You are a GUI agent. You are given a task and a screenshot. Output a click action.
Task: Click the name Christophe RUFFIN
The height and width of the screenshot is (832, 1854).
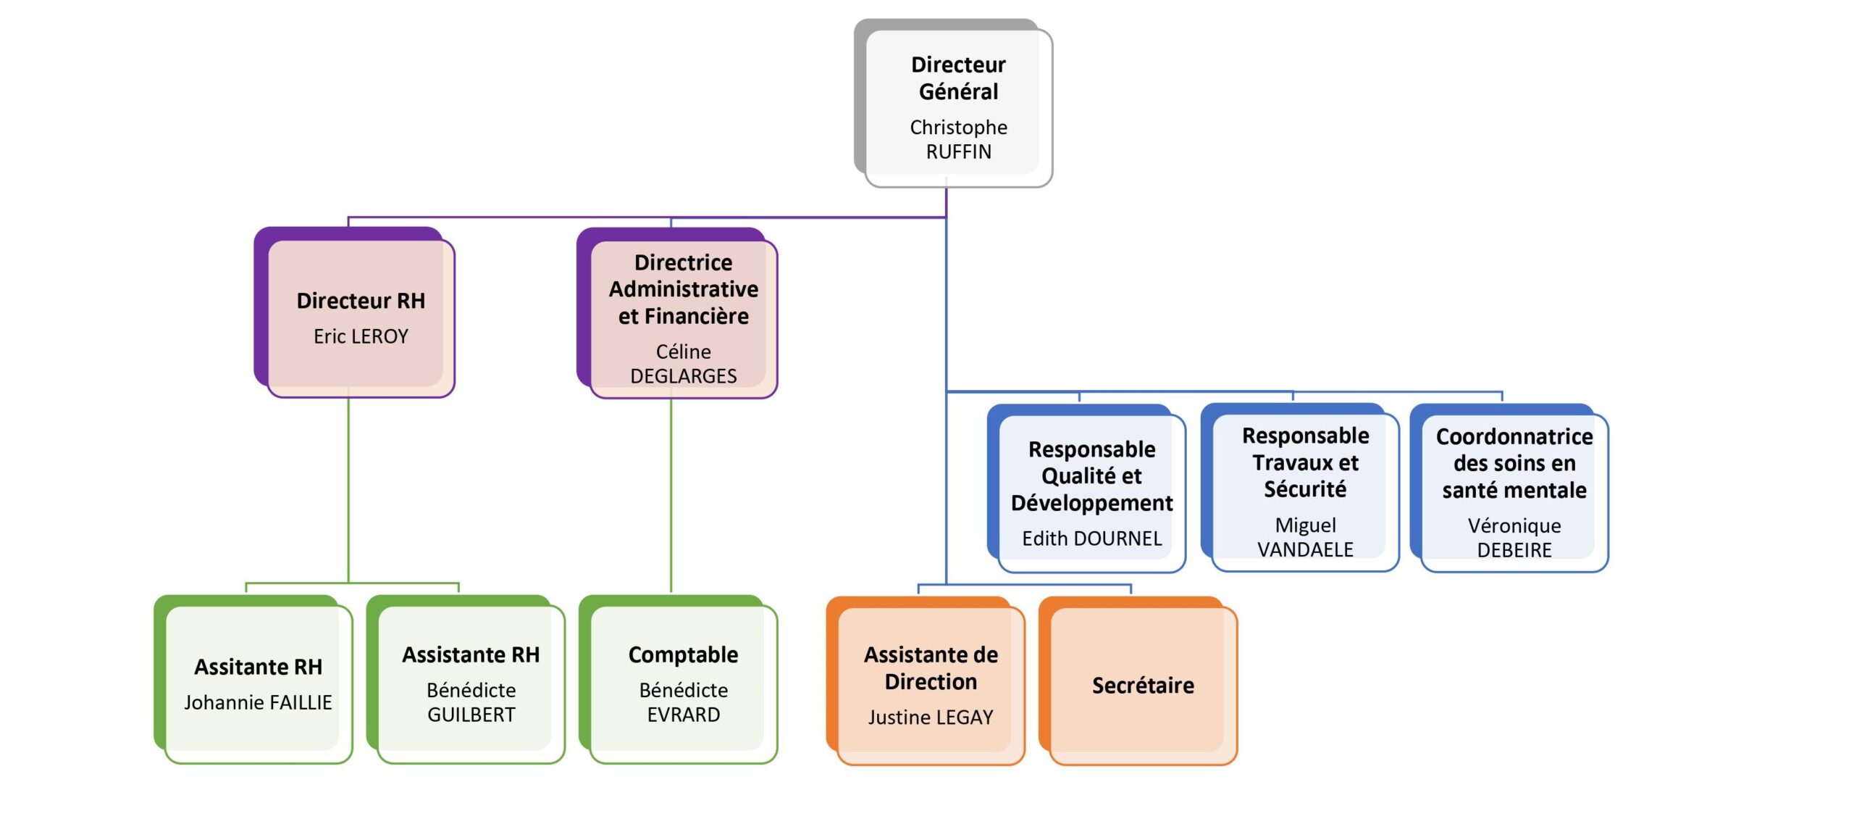tap(958, 139)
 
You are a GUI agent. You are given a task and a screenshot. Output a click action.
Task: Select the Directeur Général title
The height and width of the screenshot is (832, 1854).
tap(958, 78)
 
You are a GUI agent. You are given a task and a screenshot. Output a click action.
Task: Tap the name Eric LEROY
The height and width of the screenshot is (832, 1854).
tap(361, 336)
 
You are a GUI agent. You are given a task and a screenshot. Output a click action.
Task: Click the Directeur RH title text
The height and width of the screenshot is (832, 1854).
tap(361, 301)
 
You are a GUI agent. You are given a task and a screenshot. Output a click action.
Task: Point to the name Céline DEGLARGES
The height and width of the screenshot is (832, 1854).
tap(683, 364)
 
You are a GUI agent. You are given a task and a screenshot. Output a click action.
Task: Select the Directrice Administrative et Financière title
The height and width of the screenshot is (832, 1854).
tap(683, 289)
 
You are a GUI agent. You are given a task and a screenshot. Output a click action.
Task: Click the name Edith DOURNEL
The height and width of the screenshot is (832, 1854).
tap(1091, 538)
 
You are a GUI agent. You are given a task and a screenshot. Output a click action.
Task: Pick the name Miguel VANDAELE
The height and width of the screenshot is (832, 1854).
tap(1305, 537)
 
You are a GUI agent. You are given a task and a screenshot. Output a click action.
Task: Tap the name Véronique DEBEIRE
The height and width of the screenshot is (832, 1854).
tap(1514, 538)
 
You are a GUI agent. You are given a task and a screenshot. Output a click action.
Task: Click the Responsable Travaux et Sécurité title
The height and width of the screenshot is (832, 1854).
tap(1305, 462)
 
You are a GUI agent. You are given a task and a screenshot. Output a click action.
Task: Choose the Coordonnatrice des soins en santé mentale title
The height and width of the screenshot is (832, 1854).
tap(1514, 463)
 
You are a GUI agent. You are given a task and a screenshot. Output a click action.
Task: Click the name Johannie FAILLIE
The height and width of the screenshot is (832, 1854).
tap(258, 702)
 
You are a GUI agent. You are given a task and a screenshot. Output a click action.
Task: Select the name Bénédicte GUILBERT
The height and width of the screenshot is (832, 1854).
tap(471, 702)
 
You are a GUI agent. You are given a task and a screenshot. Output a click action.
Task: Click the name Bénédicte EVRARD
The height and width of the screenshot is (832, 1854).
tap(683, 702)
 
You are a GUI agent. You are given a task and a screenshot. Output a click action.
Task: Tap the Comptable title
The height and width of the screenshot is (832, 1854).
tap(683, 655)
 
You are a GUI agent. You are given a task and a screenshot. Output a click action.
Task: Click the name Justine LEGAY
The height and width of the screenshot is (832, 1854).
tap(931, 717)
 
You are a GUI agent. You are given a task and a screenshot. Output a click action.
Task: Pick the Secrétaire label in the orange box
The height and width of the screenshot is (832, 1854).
tap(1143, 685)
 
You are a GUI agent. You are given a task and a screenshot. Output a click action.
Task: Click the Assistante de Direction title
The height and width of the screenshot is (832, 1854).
tap(931, 668)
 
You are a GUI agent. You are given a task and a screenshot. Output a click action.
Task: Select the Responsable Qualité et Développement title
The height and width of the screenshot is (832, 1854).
tap(1091, 476)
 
